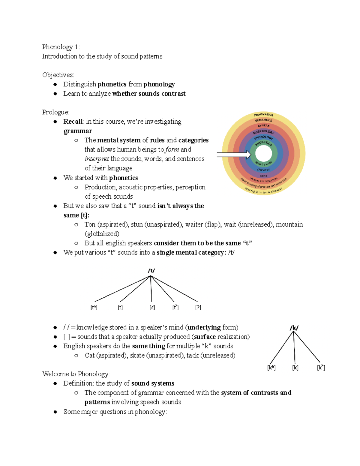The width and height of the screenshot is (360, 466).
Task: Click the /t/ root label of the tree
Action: click(151, 271)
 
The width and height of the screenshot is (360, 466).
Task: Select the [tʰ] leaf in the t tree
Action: click(94, 308)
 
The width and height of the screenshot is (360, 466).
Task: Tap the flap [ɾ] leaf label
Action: click(152, 308)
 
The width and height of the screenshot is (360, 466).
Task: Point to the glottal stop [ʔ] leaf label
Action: click(198, 308)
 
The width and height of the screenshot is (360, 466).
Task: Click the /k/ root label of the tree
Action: click(294, 328)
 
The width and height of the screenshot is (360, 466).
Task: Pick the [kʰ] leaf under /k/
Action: click(271, 368)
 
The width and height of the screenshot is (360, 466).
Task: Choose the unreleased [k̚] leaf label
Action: click(321, 368)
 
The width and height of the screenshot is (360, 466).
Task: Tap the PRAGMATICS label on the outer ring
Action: click(263, 115)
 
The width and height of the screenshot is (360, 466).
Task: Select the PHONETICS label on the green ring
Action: click(263, 143)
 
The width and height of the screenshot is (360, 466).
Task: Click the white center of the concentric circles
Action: click(263, 154)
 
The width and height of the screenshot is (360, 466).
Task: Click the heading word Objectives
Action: click(58, 75)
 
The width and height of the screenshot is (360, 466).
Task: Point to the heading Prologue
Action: click(55, 112)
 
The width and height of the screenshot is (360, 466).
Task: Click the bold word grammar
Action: click(78, 131)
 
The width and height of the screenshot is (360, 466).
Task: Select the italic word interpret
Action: click(97, 159)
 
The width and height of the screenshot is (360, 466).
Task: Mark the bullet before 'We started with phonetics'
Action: click(55, 178)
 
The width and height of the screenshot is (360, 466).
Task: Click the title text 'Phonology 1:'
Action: click(61, 47)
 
